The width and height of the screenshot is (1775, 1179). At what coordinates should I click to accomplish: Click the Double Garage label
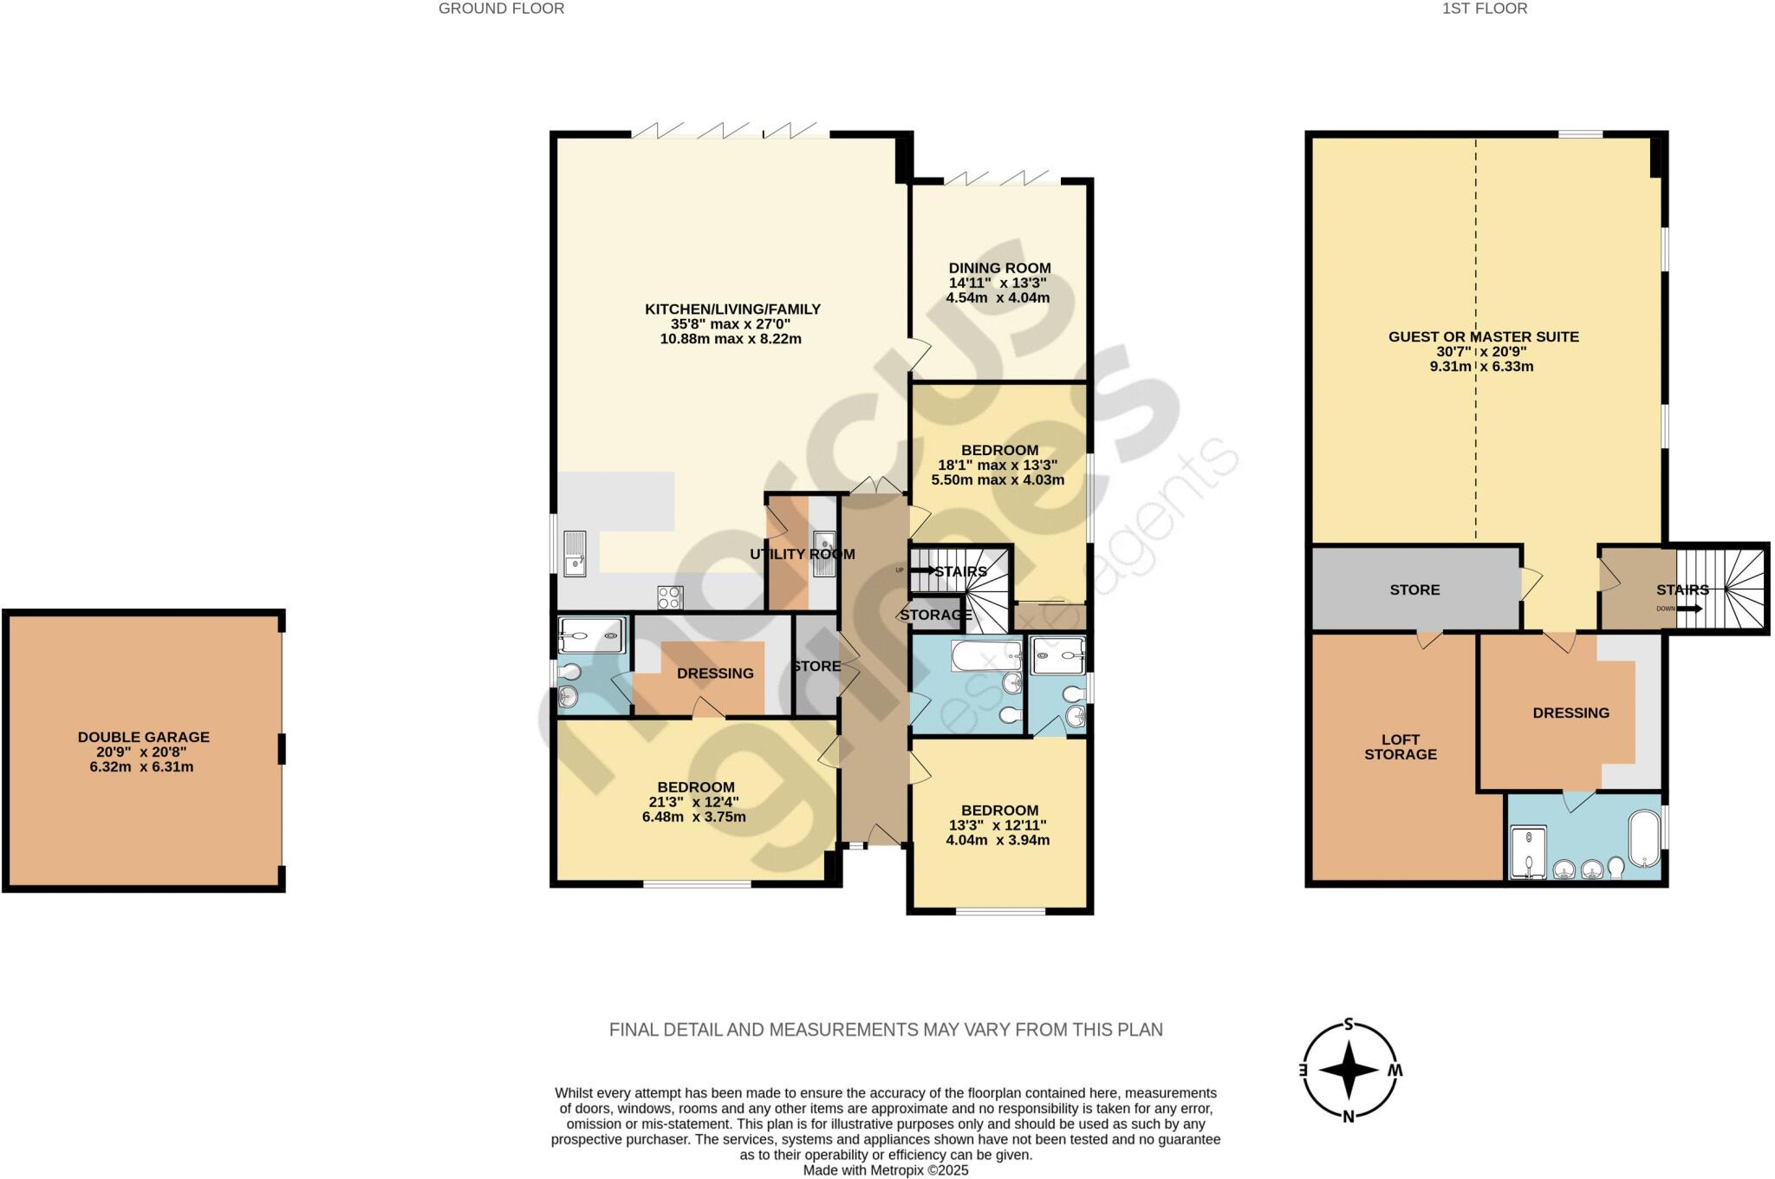[x=144, y=737]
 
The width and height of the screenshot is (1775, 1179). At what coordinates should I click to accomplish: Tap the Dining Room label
[x=999, y=269]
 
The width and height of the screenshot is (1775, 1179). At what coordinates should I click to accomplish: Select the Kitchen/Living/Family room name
[x=732, y=309]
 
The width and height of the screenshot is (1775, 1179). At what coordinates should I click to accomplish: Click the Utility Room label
[x=803, y=555]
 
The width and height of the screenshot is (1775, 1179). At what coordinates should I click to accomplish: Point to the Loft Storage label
[x=1401, y=747]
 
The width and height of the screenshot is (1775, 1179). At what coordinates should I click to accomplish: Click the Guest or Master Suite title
[x=1484, y=337]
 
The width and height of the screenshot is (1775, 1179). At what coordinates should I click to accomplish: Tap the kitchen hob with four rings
[x=670, y=597]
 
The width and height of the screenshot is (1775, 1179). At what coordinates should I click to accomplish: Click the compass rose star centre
[x=1349, y=1070]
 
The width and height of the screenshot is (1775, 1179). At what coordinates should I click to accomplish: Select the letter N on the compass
[x=1349, y=1117]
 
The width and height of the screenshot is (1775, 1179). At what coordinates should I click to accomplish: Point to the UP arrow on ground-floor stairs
[x=921, y=570]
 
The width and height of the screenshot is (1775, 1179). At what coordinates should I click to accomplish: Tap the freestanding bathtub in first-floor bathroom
[x=1644, y=838]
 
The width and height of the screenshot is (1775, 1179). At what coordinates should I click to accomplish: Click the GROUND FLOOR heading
[x=501, y=9]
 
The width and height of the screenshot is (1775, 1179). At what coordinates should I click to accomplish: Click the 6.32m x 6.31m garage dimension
[x=141, y=767]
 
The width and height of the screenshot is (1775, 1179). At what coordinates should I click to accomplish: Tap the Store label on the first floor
[x=1414, y=590]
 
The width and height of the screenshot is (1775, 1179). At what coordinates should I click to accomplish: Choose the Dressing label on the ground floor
[x=715, y=674]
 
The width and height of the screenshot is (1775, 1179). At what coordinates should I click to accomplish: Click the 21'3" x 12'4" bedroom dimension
[x=693, y=803]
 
